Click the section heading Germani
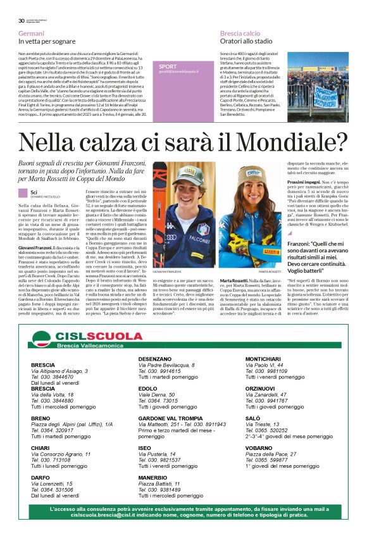tap(31, 32)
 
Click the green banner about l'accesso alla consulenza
tap(183, 511)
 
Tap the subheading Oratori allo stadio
tap(246, 41)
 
